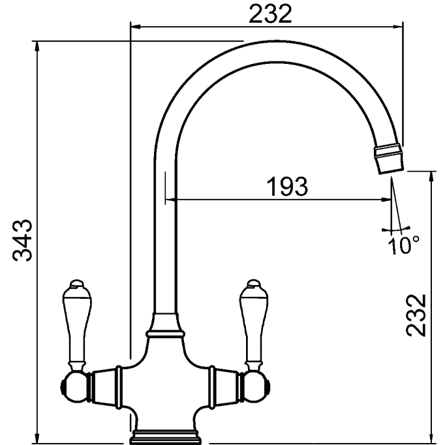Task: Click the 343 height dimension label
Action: (x=23, y=240)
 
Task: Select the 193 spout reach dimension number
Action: (x=287, y=187)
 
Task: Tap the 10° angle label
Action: (x=403, y=245)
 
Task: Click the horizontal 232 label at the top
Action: (x=270, y=14)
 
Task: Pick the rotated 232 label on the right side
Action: (x=416, y=315)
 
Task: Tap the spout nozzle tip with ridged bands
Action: (x=389, y=159)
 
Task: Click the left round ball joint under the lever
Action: (x=74, y=387)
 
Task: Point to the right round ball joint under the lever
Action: (x=255, y=387)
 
